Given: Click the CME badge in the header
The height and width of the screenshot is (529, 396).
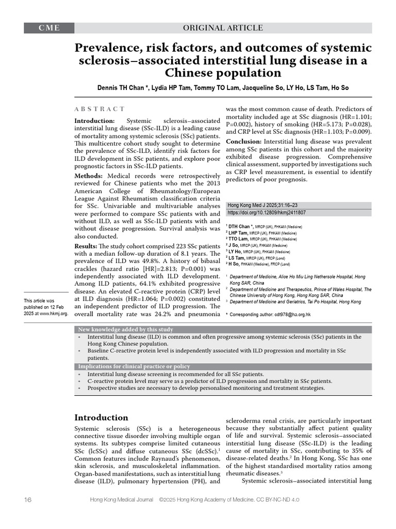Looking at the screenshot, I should (x=49, y=28).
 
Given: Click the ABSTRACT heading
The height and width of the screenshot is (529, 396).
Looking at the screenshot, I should (x=100, y=109).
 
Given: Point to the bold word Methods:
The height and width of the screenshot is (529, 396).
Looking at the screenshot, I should (x=90, y=177).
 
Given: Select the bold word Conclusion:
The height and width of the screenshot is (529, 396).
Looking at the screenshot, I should (x=244, y=142).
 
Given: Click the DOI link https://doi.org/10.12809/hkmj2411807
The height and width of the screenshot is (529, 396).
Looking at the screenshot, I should (x=266, y=212).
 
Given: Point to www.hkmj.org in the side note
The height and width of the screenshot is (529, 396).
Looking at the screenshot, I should (x=54, y=314).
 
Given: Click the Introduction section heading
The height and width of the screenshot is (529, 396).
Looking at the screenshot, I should (x=101, y=417).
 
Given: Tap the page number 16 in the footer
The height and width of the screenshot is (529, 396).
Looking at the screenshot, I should (x=28, y=500).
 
